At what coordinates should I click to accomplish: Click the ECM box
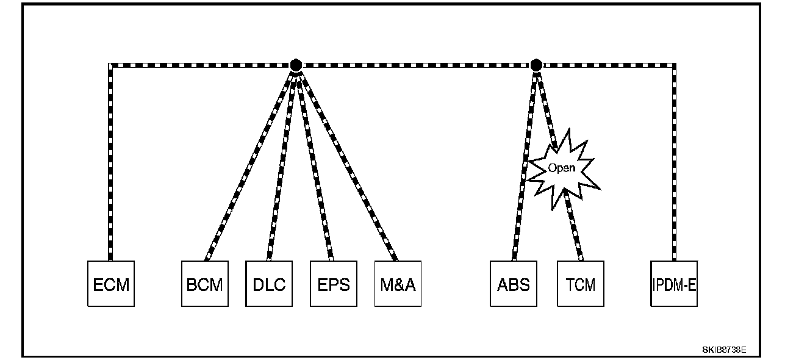click(111, 284)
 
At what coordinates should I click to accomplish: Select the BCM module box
click(204, 284)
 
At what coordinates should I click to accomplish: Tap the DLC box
click(269, 284)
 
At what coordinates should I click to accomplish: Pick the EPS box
click(334, 284)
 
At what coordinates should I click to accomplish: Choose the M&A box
click(398, 284)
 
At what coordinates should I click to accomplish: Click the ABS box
click(514, 284)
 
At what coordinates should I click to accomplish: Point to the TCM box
click(581, 284)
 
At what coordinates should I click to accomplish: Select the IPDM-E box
click(674, 284)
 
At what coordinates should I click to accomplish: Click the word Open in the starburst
click(561, 168)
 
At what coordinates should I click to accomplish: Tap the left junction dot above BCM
click(296, 65)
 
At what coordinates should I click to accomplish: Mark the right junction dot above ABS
click(536, 65)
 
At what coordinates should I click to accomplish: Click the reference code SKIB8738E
click(724, 351)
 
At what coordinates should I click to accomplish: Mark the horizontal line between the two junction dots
click(415, 65)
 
